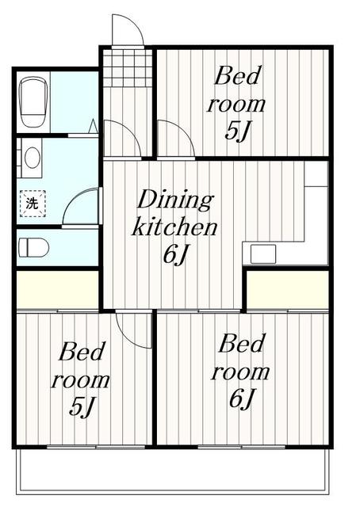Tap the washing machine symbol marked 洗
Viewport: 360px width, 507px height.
point(32,203)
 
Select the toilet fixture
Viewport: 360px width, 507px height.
point(33,246)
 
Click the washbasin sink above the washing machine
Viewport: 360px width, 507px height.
point(33,157)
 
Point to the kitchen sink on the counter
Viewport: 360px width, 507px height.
point(263,253)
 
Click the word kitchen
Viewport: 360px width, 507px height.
point(174,228)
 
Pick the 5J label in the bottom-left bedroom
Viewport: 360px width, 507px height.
point(82,406)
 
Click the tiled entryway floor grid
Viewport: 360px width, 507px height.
point(127,67)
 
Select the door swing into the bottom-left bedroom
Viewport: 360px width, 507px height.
point(132,329)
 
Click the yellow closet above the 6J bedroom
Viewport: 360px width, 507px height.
point(287,289)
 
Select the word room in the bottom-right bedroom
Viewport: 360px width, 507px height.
point(240,372)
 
